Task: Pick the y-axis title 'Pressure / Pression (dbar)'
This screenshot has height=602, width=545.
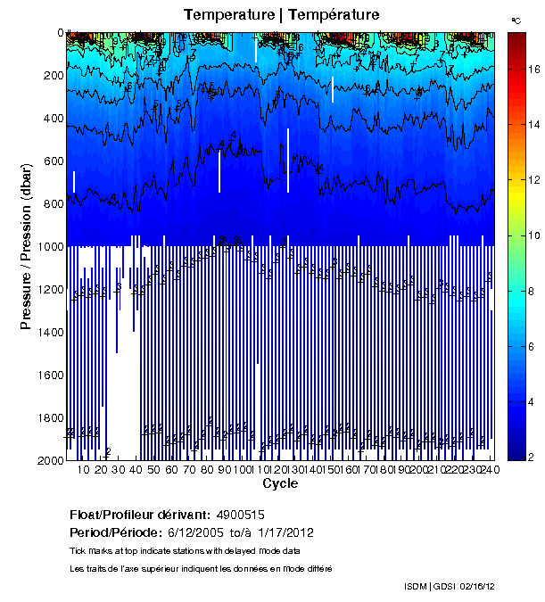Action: coord(26,246)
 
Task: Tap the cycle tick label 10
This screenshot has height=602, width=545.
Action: coord(83,470)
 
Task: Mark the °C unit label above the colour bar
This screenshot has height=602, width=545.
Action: coord(516,20)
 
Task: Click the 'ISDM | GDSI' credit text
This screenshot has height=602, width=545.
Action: coord(430,586)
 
